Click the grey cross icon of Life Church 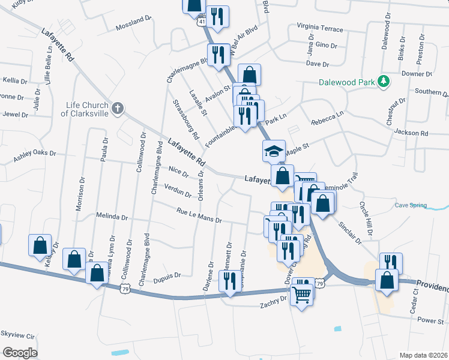tap(118, 109)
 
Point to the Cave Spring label tap(411, 206)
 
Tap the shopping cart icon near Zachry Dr tap(301, 293)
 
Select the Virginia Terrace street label tap(320, 29)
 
